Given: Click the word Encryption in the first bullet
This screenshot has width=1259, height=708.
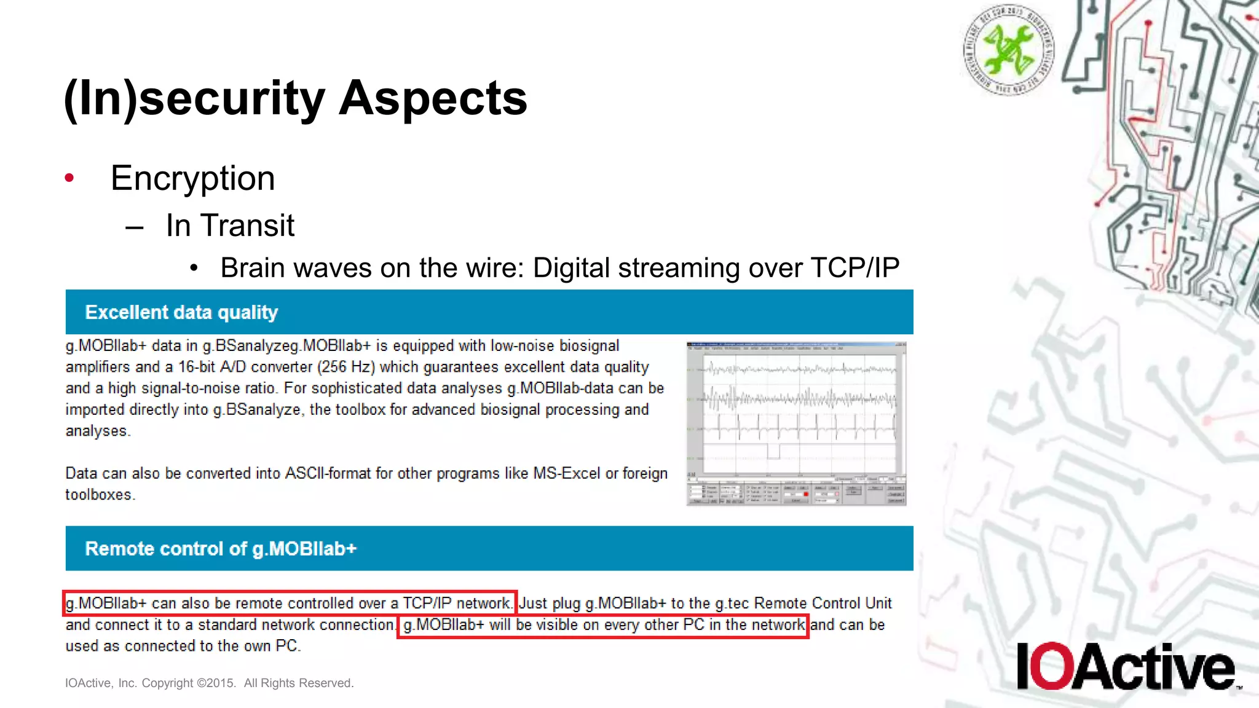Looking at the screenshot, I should [x=192, y=178].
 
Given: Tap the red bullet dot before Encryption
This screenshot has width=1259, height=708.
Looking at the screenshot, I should [x=69, y=178].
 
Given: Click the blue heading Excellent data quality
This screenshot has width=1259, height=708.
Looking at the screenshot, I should [x=181, y=312].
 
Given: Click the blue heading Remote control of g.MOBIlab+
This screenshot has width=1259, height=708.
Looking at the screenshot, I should [x=220, y=548].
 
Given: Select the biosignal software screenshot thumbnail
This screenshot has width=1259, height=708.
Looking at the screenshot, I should [x=796, y=424].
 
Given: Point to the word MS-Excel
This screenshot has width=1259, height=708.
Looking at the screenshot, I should [x=567, y=473].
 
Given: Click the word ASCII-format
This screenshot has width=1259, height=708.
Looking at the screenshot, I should [x=328, y=473].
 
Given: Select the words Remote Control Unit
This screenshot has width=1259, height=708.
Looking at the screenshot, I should [x=823, y=603].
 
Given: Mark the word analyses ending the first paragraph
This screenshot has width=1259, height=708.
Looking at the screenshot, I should [x=97, y=431].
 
